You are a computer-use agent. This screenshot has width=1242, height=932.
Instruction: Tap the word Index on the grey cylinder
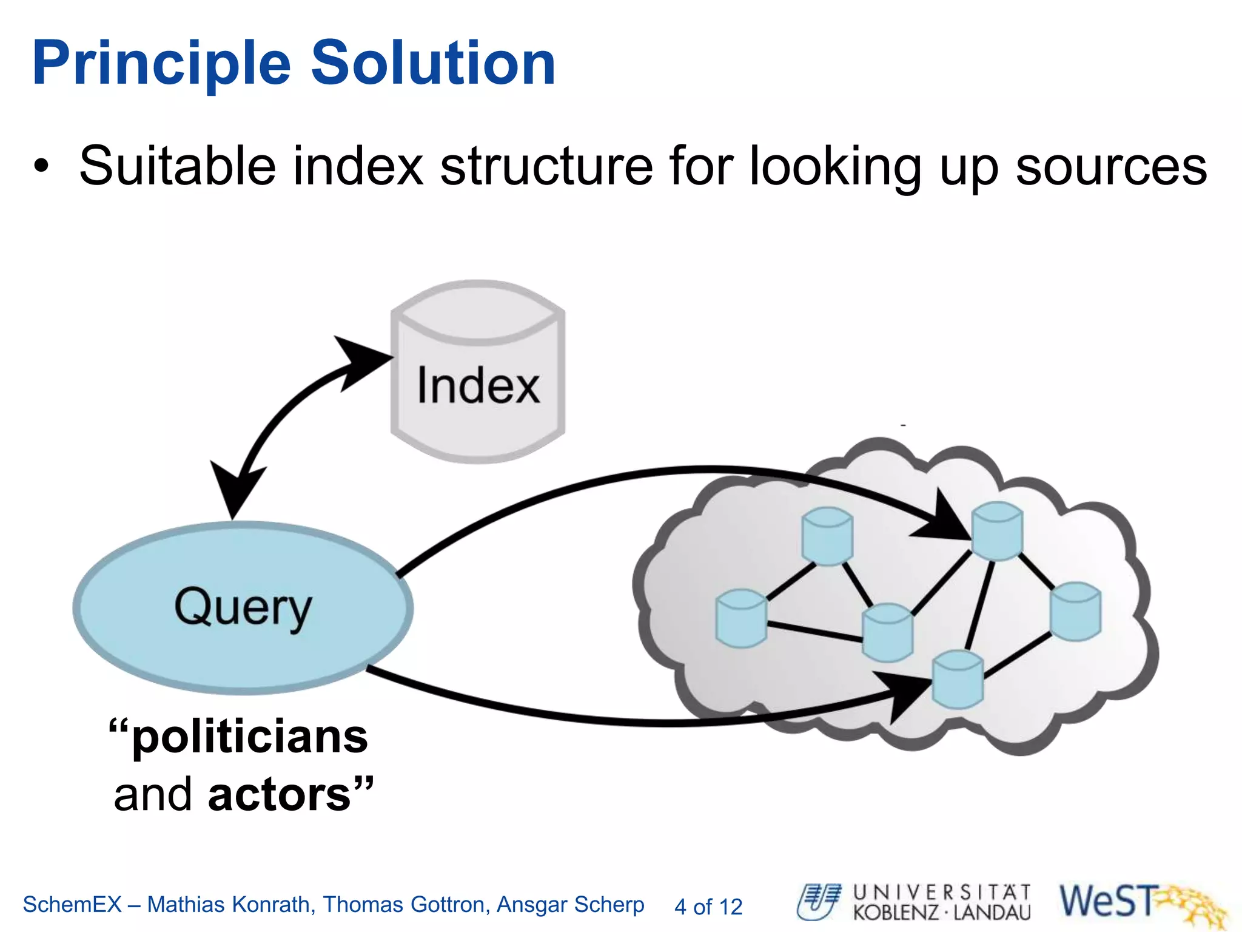478,386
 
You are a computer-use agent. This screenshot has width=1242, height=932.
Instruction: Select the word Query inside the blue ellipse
243,607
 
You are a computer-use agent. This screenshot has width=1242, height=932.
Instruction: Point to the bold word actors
280,794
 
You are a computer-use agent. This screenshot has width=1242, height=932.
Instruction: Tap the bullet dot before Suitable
41,166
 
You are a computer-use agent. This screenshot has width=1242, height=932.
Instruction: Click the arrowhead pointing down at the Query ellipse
237,491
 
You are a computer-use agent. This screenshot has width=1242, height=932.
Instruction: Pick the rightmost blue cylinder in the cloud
1075,611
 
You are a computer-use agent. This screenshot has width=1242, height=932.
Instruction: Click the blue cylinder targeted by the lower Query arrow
958,680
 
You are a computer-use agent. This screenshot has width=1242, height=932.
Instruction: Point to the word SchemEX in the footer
73,905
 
